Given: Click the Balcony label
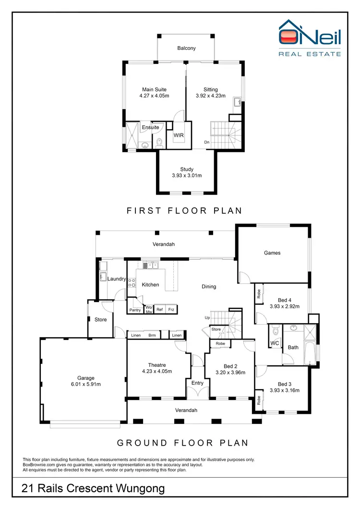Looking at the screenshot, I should point(186,48).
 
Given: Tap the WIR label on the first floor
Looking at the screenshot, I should point(179,135).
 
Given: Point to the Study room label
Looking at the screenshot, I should point(187,169).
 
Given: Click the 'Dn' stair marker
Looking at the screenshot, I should point(206,142).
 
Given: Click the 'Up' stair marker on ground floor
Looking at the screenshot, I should point(207,318).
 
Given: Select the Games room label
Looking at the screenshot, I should point(272,253).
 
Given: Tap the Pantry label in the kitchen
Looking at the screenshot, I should point(135,310).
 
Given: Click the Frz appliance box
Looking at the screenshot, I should point(171,310).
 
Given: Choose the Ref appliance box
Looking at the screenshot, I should point(160,310).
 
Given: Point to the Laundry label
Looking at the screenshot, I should point(117,279).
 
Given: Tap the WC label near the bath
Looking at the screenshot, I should point(275,343).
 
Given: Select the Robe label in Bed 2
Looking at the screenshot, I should point(220,344).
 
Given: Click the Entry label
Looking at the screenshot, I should point(197,383).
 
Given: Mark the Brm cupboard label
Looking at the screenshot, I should point(152,335).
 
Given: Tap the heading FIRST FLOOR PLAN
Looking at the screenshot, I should point(184,210).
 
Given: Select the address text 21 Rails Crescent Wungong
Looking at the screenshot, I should point(93,489).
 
